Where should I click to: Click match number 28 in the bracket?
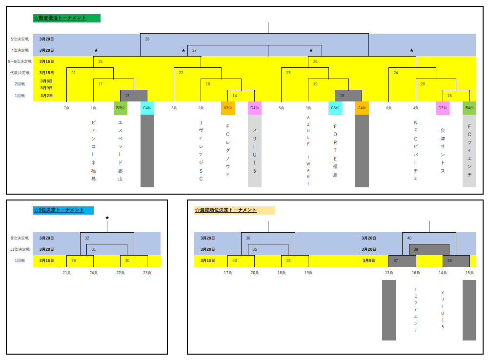(x=147, y=39)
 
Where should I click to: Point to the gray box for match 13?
(x=133, y=96)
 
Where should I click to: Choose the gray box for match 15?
(x=348, y=96)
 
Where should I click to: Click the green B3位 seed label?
(x=121, y=108)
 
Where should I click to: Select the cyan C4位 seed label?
(x=147, y=108)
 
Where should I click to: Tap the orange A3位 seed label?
(x=228, y=108)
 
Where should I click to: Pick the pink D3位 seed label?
(x=443, y=108)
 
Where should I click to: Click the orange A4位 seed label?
(x=362, y=108)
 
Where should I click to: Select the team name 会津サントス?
(x=443, y=151)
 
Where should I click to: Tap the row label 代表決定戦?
(x=20, y=73)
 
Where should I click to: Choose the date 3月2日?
(x=47, y=96)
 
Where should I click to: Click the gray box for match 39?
(x=429, y=249)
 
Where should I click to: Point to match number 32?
(x=87, y=238)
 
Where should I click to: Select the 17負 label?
(x=228, y=273)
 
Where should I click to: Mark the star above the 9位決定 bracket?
(x=107, y=218)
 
